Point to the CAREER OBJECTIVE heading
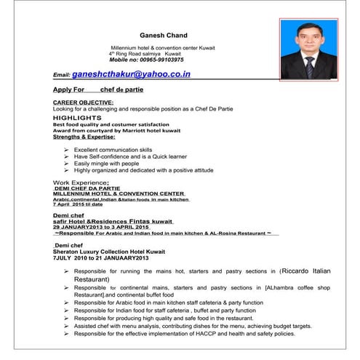pyautogui.click(x=84, y=103)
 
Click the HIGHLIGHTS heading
pyautogui.click(x=77, y=117)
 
